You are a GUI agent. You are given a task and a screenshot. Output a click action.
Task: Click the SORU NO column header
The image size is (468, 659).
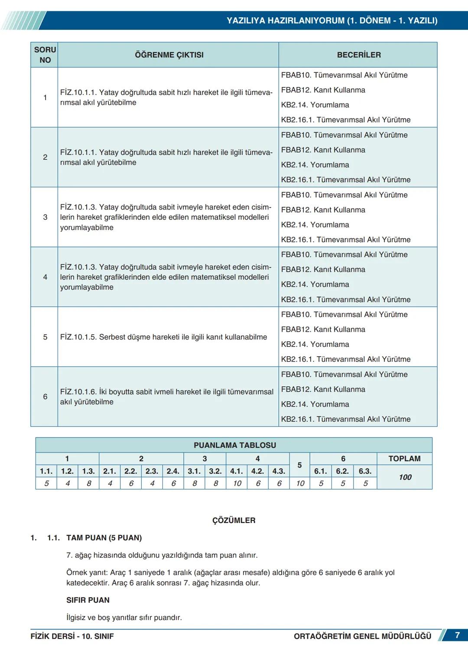[45, 55]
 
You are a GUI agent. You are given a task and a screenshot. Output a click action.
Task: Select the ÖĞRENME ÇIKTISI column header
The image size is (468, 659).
[169, 55]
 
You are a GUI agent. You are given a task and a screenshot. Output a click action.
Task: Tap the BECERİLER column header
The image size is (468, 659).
[359, 55]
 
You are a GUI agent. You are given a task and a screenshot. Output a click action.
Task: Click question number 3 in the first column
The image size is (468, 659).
[45, 217]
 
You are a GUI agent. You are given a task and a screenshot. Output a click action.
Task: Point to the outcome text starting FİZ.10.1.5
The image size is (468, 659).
[163, 337]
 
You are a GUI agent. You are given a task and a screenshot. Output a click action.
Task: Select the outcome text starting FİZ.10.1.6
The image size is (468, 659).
[166, 397]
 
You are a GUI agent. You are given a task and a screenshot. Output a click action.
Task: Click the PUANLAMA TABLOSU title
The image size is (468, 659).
[234, 445]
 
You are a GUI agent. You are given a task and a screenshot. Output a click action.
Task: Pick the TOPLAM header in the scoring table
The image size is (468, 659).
[404, 459]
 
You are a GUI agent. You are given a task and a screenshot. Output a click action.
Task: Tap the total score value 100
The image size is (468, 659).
[405, 477]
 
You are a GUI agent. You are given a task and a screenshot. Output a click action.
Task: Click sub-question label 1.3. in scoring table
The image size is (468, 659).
[88, 471]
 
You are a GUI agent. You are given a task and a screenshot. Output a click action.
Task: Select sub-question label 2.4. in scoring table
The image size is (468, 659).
[173, 471]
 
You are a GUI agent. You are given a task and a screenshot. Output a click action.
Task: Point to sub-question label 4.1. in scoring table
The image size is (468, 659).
[237, 471]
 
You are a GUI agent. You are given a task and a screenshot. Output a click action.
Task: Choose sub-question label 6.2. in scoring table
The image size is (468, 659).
[342, 471]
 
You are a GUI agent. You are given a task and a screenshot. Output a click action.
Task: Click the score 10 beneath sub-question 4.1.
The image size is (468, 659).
[237, 483]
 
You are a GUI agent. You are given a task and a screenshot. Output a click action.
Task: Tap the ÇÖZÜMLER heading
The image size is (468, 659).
[234, 520]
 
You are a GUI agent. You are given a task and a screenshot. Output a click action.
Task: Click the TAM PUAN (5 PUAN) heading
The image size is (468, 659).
[104, 538]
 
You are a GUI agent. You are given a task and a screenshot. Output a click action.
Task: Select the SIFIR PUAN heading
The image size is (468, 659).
[88, 600]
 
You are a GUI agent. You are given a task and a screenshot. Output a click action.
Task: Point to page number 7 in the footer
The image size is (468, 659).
[457, 635]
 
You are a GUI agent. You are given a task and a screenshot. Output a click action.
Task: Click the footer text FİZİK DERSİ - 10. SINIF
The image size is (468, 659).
[72, 636]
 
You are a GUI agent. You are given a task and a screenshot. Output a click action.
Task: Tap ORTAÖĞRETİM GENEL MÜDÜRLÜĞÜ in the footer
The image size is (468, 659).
[362, 636]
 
